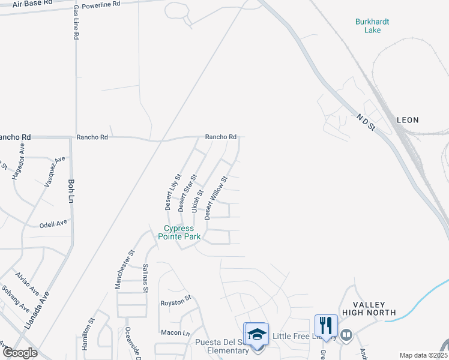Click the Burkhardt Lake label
(372, 26)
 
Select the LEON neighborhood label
(408, 120)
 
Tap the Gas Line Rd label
(76, 23)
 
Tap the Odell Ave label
(53, 223)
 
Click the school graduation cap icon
(256, 334)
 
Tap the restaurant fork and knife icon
(326, 325)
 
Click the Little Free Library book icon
(346, 335)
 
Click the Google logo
(20, 353)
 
